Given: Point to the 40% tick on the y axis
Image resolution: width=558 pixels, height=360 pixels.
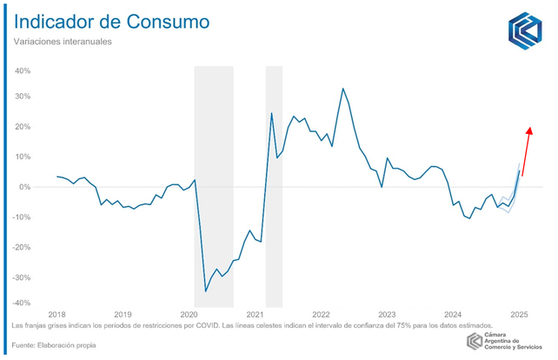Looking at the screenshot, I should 23,70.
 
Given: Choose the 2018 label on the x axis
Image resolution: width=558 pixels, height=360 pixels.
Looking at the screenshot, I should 56,314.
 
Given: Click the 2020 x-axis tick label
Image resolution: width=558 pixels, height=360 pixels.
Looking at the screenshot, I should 189,314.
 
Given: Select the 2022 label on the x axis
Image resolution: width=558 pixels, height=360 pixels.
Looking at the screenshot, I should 321,314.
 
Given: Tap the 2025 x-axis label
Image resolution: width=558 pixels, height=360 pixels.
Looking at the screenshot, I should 519,314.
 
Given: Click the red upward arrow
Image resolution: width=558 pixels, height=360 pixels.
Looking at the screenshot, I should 527,151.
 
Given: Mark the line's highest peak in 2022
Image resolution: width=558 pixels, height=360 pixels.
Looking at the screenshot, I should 343,88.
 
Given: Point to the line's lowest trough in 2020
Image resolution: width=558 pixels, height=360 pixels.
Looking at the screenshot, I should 206,291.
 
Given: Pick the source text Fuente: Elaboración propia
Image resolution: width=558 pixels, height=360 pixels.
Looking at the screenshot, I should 54,345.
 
